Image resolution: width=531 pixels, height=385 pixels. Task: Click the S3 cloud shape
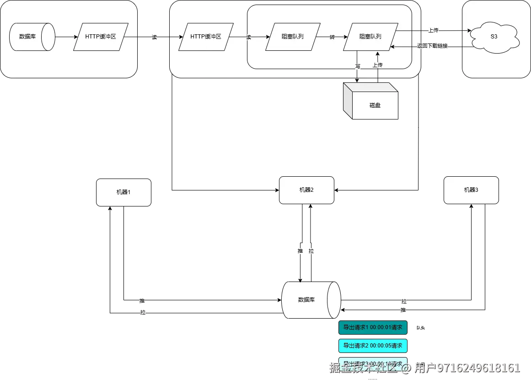pos(493,37)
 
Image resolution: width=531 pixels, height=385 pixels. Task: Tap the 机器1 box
pos(123,192)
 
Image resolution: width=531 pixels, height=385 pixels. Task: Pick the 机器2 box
pos(306,190)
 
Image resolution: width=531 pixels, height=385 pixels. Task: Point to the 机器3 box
pos(471,190)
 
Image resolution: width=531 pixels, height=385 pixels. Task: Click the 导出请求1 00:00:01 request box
pos(373,327)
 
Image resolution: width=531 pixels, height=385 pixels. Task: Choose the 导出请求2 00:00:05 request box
pos(373,346)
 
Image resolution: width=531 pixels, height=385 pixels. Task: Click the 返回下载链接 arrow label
pos(433,46)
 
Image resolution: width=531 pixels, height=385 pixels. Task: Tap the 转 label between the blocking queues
pos(332,37)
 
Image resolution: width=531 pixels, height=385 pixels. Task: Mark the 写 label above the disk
pos(358,66)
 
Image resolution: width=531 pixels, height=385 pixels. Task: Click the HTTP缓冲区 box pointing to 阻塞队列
pos(206,37)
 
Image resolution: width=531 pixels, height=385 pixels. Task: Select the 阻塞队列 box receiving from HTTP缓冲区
pos(293,37)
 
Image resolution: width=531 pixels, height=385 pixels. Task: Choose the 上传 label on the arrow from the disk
pos(377,65)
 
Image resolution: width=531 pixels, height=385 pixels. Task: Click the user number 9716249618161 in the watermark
pos(477,368)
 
